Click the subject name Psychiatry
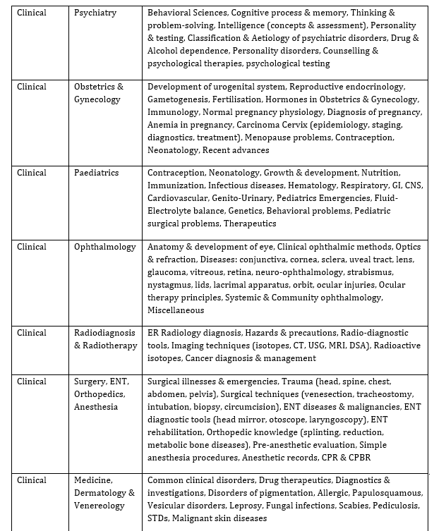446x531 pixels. [x=96, y=13]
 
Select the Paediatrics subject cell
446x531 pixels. [x=97, y=173]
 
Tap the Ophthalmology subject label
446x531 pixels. [x=104, y=247]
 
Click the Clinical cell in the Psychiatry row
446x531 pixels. [x=31, y=13]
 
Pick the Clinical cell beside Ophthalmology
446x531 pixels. [x=31, y=247]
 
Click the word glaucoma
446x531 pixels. [x=167, y=272]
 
